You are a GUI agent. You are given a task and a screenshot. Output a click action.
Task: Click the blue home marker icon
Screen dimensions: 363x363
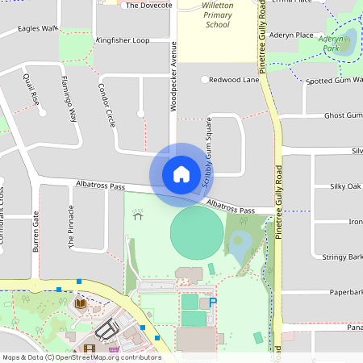click(x=181, y=173)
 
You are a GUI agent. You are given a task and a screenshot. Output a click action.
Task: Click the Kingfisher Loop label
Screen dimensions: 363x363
click(x=122, y=40)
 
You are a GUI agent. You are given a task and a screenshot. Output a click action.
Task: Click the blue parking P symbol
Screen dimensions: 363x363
click(x=213, y=302)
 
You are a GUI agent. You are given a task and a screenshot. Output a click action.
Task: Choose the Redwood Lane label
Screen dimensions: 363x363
click(x=234, y=80)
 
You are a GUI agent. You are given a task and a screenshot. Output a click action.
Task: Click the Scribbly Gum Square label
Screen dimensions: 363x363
click(x=207, y=165)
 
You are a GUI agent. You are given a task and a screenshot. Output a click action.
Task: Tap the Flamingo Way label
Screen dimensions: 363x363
click(x=69, y=98)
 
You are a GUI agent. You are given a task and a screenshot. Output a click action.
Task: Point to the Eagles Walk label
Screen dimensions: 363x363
click(x=38, y=28)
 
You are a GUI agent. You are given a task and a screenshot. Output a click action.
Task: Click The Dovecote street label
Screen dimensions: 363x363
click(x=149, y=5)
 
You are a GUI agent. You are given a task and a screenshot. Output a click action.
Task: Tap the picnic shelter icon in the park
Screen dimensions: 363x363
click(x=138, y=215)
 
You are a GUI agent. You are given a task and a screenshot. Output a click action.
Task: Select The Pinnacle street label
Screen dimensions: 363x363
click(x=71, y=232)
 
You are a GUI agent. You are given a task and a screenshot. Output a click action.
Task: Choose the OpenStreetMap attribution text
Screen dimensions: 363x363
click(x=81, y=357)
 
